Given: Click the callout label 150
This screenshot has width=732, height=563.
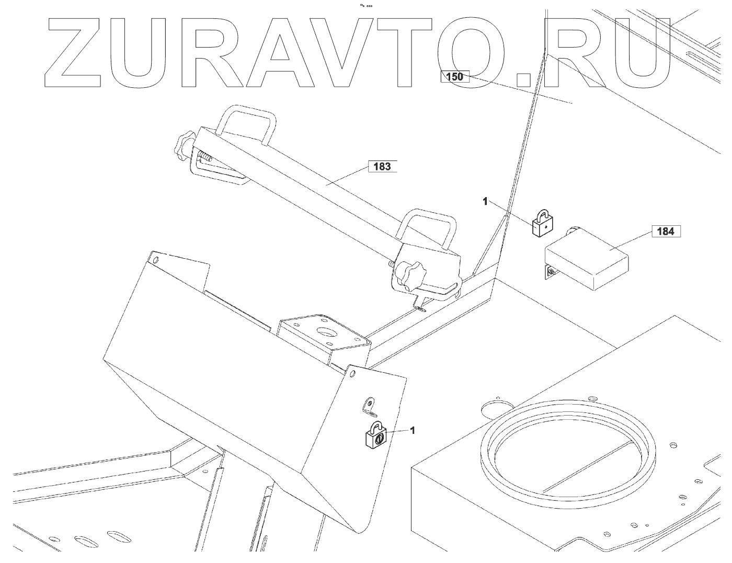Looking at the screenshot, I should (455, 77).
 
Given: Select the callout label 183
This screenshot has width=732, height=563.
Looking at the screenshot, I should (383, 167).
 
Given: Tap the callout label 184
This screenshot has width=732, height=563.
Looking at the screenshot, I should (665, 231).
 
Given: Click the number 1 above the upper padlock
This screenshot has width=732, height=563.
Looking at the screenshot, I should (485, 201).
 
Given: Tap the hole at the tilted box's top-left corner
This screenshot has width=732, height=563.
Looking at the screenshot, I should (155, 259).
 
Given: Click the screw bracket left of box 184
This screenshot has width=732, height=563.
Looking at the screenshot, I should (551, 271).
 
